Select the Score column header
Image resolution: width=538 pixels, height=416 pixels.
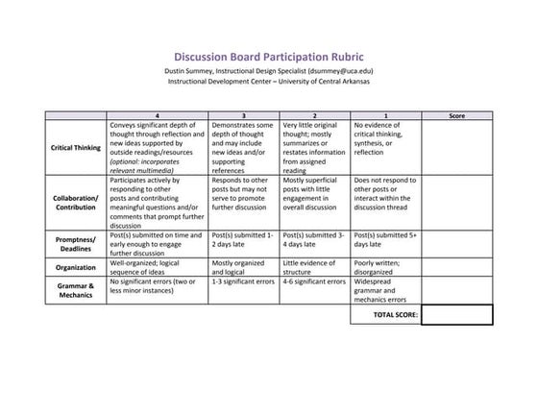click(x=456, y=115)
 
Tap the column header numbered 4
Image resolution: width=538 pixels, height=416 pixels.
click(x=157, y=115)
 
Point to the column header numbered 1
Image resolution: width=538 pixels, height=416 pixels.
click(x=386, y=115)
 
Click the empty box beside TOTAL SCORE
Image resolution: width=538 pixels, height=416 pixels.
click(x=456, y=314)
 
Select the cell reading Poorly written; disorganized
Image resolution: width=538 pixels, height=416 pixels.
click(x=386, y=267)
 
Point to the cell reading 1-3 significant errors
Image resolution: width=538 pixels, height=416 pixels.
click(x=244, y=281)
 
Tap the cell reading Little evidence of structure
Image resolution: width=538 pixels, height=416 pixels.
click(x=316, y=267)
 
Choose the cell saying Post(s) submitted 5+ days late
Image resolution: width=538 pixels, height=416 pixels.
click(x=386, y=242)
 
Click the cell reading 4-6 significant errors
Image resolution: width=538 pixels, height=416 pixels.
click(x=316, y=281)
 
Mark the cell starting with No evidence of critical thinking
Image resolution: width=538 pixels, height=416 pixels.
click(x=386, y=138)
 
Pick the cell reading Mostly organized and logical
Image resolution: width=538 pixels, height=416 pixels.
click(x=244, y=267)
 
